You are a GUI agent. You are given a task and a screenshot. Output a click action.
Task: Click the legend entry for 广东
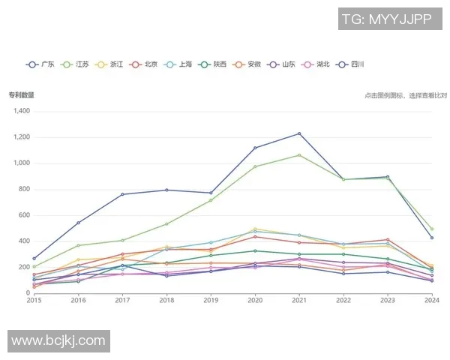tap(41, 64)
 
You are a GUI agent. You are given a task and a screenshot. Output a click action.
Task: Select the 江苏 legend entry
tap(76, 64)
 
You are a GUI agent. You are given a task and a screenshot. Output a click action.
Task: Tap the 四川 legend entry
tap(352, 64)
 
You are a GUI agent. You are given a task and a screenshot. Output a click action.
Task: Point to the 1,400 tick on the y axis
tap(20, 111)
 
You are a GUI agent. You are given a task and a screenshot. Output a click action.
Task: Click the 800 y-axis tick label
tap(24, 189)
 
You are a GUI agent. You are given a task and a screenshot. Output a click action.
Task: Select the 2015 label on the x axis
tap(34, 300)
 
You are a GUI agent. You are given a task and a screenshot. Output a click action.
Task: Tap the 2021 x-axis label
tap(298, 300)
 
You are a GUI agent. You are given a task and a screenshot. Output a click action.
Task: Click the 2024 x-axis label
tap(431, 300)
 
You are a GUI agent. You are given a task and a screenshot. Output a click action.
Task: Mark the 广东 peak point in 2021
tap(299, 133)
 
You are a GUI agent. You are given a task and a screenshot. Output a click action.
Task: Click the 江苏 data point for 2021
tap(299, 155)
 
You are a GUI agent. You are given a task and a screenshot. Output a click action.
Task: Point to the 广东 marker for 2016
tap(78, 223)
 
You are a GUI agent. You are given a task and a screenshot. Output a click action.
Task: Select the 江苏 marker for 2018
tap(166, 223)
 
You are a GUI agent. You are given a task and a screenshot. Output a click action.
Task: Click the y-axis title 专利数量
tap(21, 95)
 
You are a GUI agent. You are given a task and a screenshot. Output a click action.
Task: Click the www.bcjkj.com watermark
tap(58, 340)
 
